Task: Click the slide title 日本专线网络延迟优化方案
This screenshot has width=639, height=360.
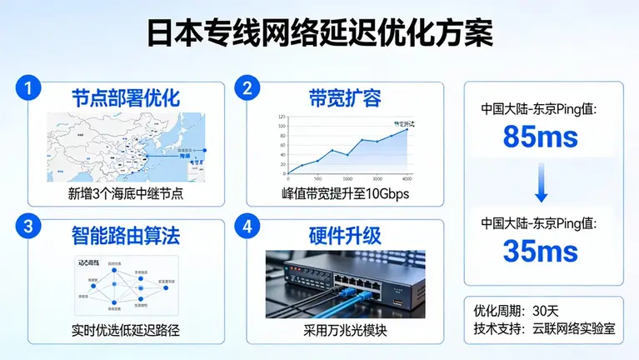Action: point(319,32)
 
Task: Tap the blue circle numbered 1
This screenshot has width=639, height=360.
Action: point(29,88)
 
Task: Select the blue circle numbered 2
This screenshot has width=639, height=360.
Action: point(246,88)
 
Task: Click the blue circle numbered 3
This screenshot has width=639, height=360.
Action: point(29,227)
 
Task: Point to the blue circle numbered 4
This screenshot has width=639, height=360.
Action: point(246,227)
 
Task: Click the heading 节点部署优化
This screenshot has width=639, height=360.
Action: point(125,97)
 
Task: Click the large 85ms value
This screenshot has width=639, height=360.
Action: point(541,137)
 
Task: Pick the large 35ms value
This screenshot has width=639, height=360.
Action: point(541,250)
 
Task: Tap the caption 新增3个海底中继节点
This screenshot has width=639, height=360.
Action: point(126,193)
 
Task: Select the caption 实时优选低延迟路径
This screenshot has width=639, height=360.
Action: point(126,331)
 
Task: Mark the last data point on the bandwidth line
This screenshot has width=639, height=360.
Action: point(407,129)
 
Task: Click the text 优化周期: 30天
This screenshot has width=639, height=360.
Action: point(511,311)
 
